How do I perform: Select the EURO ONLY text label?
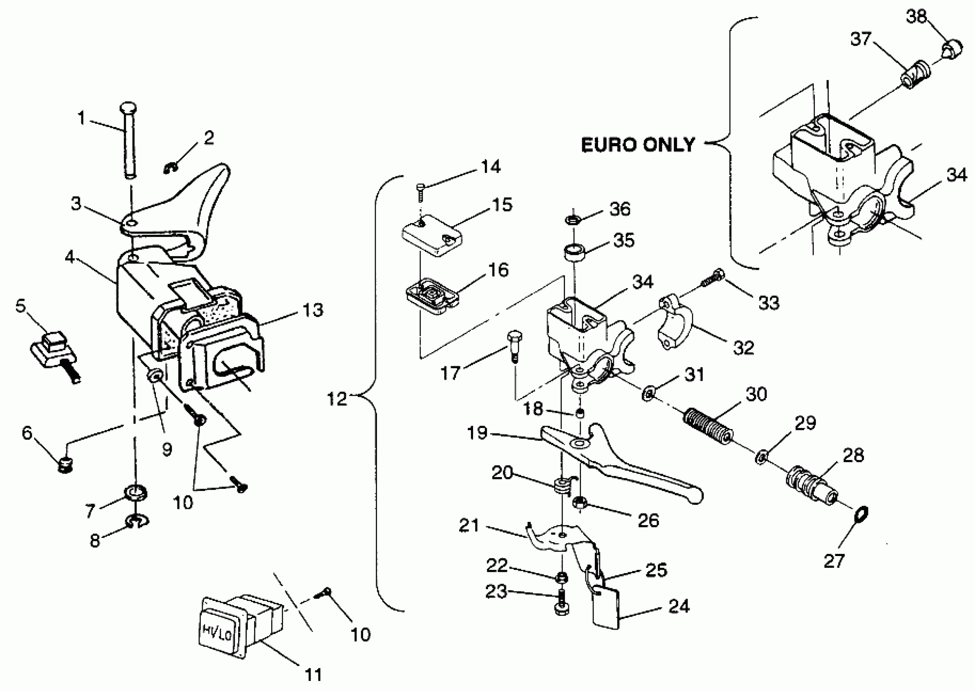[638, 145]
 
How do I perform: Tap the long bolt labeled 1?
[129, 140]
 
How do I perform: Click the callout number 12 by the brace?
[337, 399]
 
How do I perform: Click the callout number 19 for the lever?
[477, 433]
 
